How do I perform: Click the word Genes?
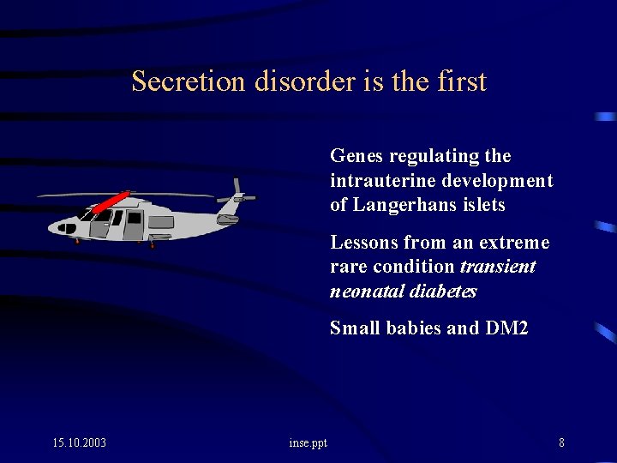pos(356,156)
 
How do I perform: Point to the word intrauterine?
pos(381,181)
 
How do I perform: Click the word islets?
pos(486,206)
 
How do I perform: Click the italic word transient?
pos(498,267)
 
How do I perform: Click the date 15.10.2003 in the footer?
pos(79,442)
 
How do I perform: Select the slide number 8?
pos(561,442)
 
